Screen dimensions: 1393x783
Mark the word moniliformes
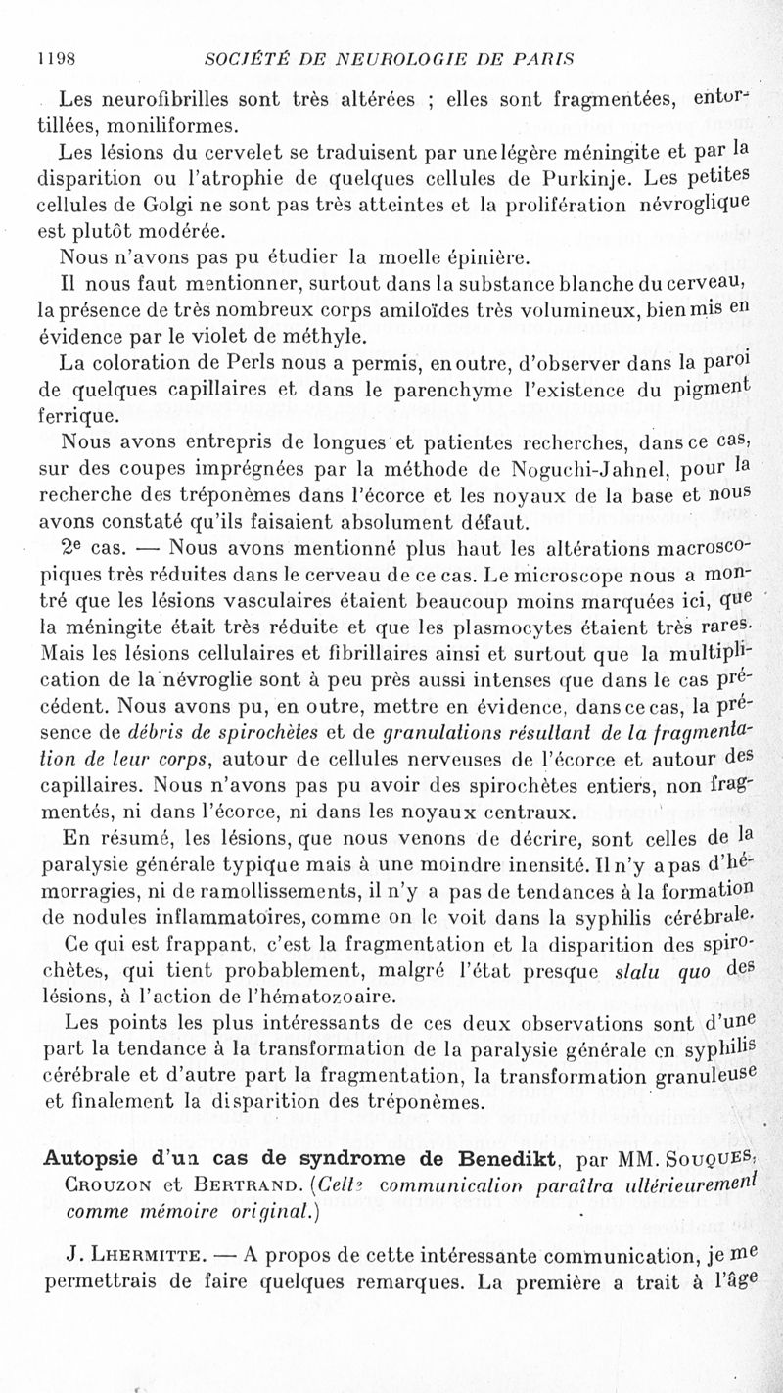[x=162, y=125]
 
